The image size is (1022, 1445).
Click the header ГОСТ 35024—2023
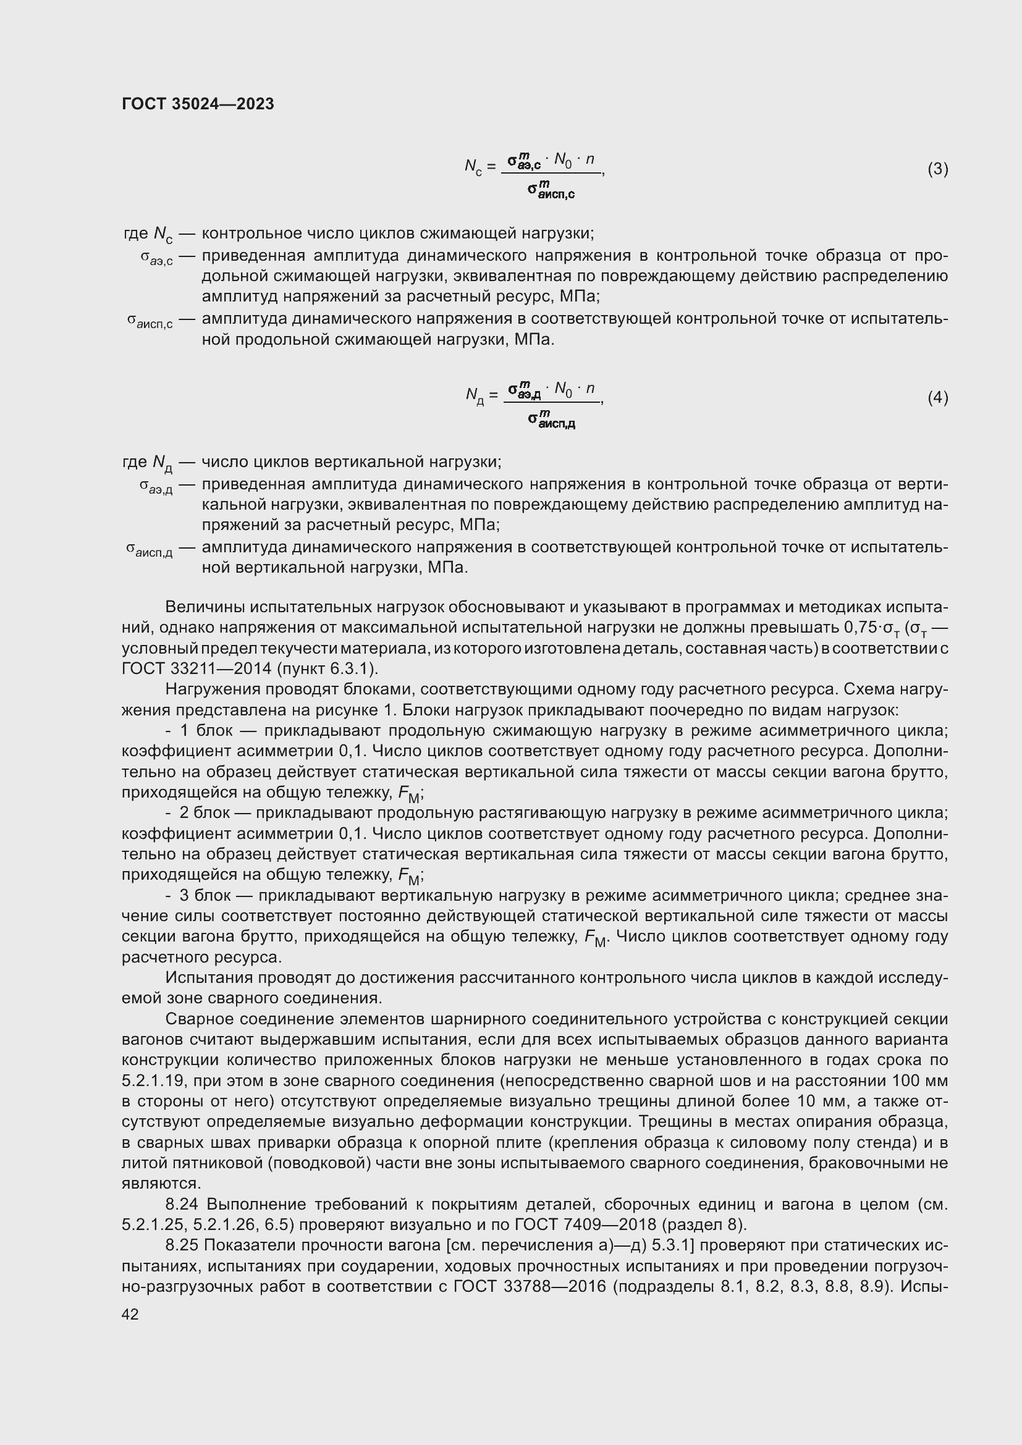click(x=198, y=104)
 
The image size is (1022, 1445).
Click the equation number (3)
click(x=937, y=169)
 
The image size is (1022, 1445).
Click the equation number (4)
click(x=937, y=397)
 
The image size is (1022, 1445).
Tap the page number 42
click(x=130, y=1313)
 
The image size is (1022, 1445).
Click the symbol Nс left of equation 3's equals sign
click(x=473, y=167)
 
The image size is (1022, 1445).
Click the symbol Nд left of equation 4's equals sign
click(x=474, y=395)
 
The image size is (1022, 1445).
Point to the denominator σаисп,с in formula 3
click(x=551, y=190)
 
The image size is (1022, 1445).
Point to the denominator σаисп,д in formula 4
click(x=552, y=418)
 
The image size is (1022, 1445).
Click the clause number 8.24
click(x=182, y=1204)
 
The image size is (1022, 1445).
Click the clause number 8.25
click(x=182, y=1245)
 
